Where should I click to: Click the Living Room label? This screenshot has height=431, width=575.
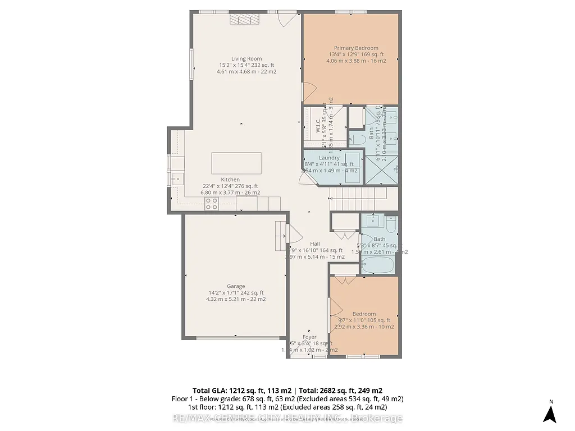pos(247,58)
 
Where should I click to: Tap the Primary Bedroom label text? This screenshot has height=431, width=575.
pos(356,48)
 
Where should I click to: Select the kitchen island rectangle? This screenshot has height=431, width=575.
pos(236,163)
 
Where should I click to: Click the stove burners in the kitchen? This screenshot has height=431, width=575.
pos(212,204)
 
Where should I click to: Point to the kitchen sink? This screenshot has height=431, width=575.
pos(176,179)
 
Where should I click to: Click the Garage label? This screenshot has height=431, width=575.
pos(236,286)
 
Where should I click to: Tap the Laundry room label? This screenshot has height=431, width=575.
pos(328,158)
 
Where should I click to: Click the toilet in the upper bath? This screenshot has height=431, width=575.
pos(357,139)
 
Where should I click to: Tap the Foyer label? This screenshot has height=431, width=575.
pos(309,337)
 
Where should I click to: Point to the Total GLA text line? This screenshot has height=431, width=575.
pos(287,390)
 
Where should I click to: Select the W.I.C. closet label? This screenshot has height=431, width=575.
pos(317,125)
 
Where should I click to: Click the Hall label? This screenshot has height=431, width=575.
pos(307,244)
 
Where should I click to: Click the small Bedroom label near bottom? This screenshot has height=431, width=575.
pos(363,314)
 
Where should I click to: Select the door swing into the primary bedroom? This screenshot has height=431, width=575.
pos(308,92)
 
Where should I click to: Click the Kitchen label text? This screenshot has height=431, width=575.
pos(230,180)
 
